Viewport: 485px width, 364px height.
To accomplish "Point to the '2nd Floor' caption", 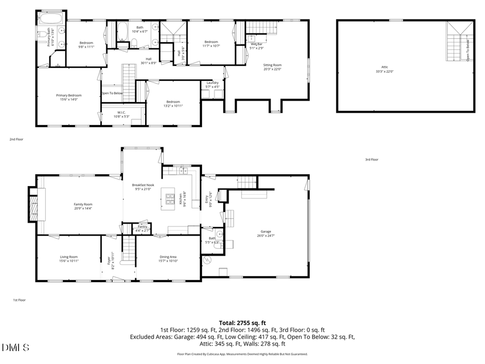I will tap(16, 139).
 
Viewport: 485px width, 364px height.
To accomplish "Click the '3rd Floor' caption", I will tap(372, 160).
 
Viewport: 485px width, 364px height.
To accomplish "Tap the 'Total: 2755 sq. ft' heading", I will tap(242, 322).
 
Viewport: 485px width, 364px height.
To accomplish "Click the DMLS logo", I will tap(16, 348).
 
